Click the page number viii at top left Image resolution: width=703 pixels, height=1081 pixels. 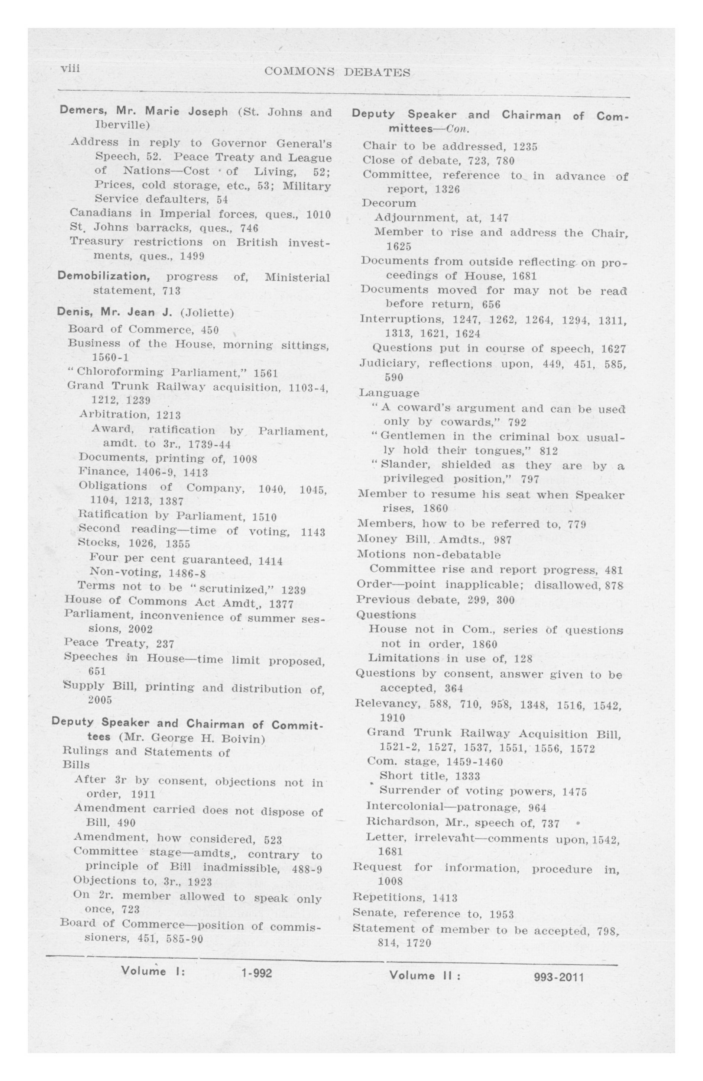70,68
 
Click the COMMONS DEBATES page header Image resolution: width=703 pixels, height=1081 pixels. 337,72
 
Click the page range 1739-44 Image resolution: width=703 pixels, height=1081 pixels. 209,444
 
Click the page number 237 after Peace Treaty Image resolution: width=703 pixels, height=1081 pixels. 165,643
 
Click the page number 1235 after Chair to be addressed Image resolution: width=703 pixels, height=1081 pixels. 525,147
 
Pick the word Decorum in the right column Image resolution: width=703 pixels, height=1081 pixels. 389,203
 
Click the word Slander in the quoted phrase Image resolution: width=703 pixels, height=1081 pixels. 406,465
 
